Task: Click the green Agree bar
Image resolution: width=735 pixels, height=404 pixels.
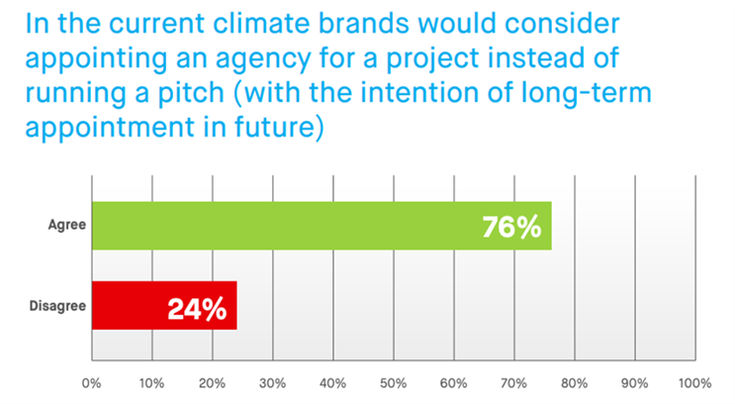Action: point(322,226)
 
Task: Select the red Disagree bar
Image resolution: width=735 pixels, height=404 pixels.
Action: point(164,305)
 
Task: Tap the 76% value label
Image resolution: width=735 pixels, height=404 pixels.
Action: point(511,227)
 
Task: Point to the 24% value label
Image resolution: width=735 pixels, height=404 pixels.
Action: point(197,309)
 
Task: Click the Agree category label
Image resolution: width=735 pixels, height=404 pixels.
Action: point(67,225)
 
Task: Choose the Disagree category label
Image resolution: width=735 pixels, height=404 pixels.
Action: point(57,306)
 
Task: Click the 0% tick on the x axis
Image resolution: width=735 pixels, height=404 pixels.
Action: point(91,383)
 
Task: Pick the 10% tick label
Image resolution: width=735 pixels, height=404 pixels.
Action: point(152,383)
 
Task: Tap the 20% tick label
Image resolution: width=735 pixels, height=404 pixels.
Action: point(212,383)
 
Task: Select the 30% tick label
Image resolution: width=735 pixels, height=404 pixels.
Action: point(272,383)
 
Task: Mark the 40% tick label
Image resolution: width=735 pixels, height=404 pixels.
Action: point(332,383)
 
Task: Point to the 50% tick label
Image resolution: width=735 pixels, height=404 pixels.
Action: point(394,383)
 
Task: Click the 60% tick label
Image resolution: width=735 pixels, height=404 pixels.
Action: point(454,383)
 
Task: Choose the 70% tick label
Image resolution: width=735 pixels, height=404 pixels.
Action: point(513,383)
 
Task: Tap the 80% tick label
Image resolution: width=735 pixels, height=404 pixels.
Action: point(574,383)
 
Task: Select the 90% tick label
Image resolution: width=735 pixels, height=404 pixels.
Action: point(635,383)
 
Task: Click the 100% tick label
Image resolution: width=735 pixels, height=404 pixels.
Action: point(695,383)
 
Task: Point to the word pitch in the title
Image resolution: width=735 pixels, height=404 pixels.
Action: point(191,93)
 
